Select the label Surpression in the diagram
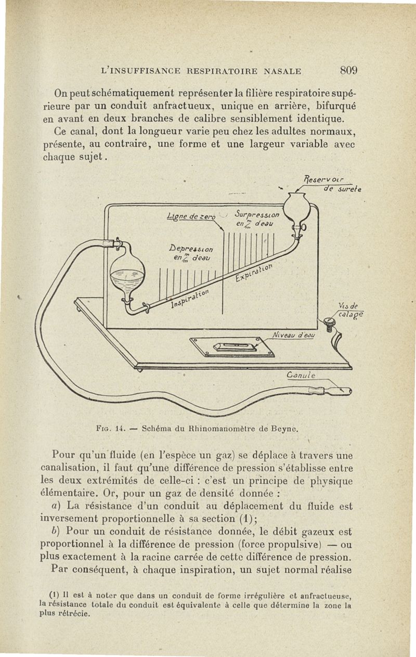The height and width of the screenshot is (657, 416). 257,214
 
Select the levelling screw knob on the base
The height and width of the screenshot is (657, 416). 328,324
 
